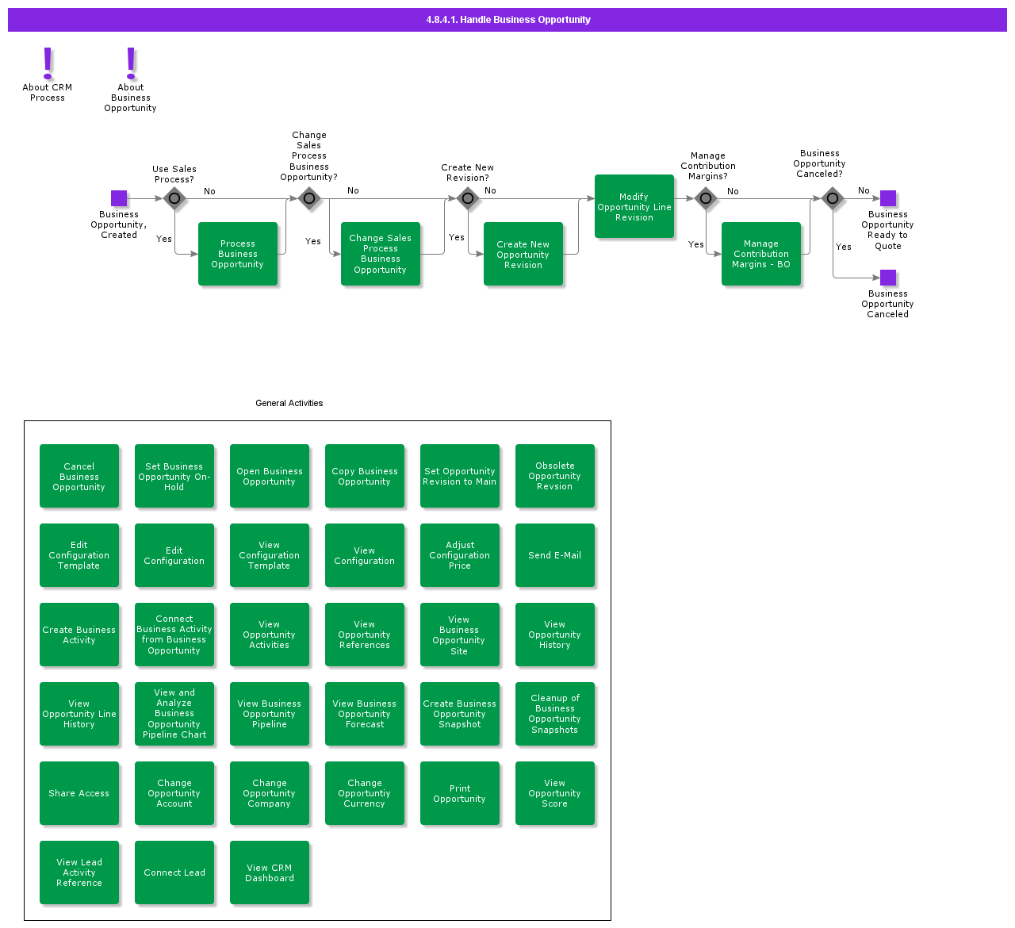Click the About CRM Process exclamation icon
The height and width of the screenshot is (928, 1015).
point(48,63)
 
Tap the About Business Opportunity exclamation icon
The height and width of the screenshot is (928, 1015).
point(131,63)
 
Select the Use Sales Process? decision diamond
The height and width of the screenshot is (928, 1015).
point(174,198)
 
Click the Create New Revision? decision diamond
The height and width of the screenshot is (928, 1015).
point(468,198)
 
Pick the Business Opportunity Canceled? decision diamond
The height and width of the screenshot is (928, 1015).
point(833,198)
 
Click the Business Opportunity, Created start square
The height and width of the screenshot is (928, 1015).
point(119,198)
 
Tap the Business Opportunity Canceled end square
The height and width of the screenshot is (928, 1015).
point(888,278)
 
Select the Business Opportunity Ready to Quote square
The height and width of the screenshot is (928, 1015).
point(888,198)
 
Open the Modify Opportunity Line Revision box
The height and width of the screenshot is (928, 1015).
point(634,206)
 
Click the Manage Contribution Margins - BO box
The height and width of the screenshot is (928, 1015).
point(761,254)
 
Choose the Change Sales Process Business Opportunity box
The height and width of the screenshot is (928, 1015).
point(381,254)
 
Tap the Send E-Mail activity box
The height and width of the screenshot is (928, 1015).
point(555,555)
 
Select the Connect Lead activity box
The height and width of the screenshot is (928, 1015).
point(174,872)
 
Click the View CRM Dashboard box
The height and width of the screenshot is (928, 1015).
point(270,872)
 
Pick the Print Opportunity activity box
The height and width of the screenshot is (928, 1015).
point(460,793)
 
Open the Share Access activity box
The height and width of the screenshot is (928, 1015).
point(79,793)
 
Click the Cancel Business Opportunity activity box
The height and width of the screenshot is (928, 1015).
point(79,476)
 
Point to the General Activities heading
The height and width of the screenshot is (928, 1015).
point(289,403)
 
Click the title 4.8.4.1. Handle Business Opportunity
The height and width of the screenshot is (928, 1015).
point(507,20)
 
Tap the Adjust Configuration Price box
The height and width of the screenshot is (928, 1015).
point(460,555)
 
